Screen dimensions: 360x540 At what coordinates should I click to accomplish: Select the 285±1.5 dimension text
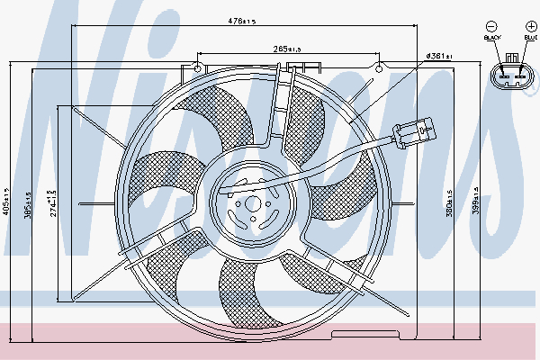pyautogui.click(x=288, y=49)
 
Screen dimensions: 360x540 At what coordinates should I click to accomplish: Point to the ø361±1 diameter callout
pyautogui.click(x=439, y=57)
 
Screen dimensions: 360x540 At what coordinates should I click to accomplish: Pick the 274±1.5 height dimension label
pyautogui.click(x=53, y=202)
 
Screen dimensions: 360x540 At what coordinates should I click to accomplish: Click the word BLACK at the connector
pyautogui.click(x=491, y=38)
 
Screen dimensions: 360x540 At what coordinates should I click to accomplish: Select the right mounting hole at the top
pyautogui.click(x=379, y=66)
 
